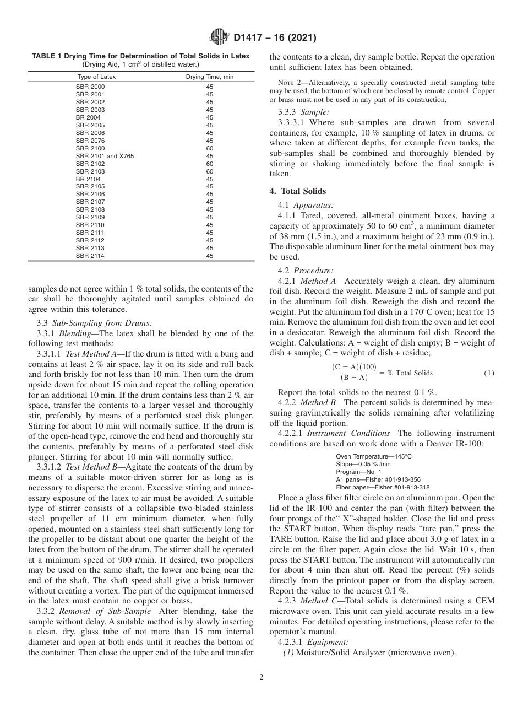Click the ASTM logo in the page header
220,38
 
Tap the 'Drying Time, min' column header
209,77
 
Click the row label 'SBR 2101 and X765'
105,156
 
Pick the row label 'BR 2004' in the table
88,117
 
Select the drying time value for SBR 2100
209,148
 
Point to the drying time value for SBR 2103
209,171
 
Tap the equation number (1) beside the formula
489,373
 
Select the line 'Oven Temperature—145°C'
373,456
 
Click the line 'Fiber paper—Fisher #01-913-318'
383,487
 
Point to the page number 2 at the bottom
261,677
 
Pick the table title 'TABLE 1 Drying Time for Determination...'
140,56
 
